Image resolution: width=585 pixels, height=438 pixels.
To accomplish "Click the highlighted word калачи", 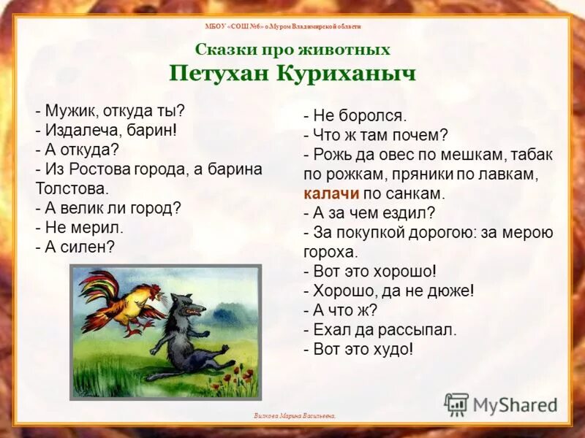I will [330, 193].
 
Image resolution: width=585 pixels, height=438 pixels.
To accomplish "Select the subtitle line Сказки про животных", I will [292, 50].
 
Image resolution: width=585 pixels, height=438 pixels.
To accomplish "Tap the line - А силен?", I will [75, 247].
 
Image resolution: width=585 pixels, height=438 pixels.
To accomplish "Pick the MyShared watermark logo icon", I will [456, 405].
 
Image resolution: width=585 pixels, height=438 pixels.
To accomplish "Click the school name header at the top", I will [292, 26].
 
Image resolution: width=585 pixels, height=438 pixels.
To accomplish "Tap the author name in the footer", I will [295, 415].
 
